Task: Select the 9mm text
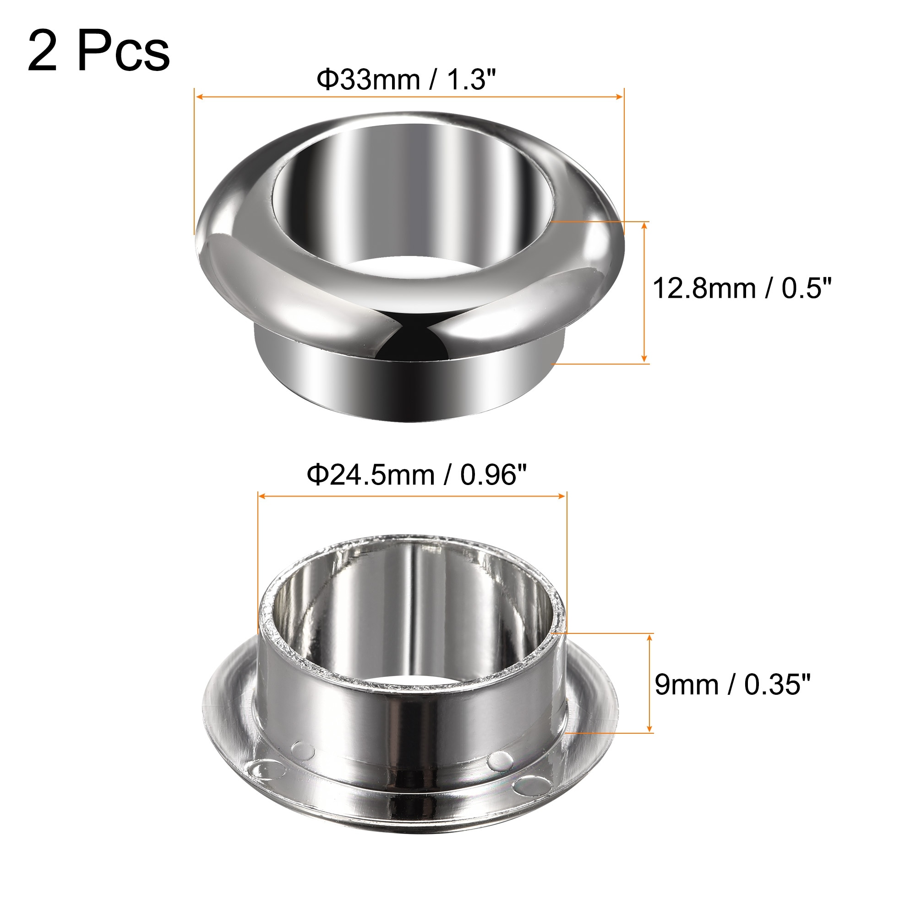click(687, 685)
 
